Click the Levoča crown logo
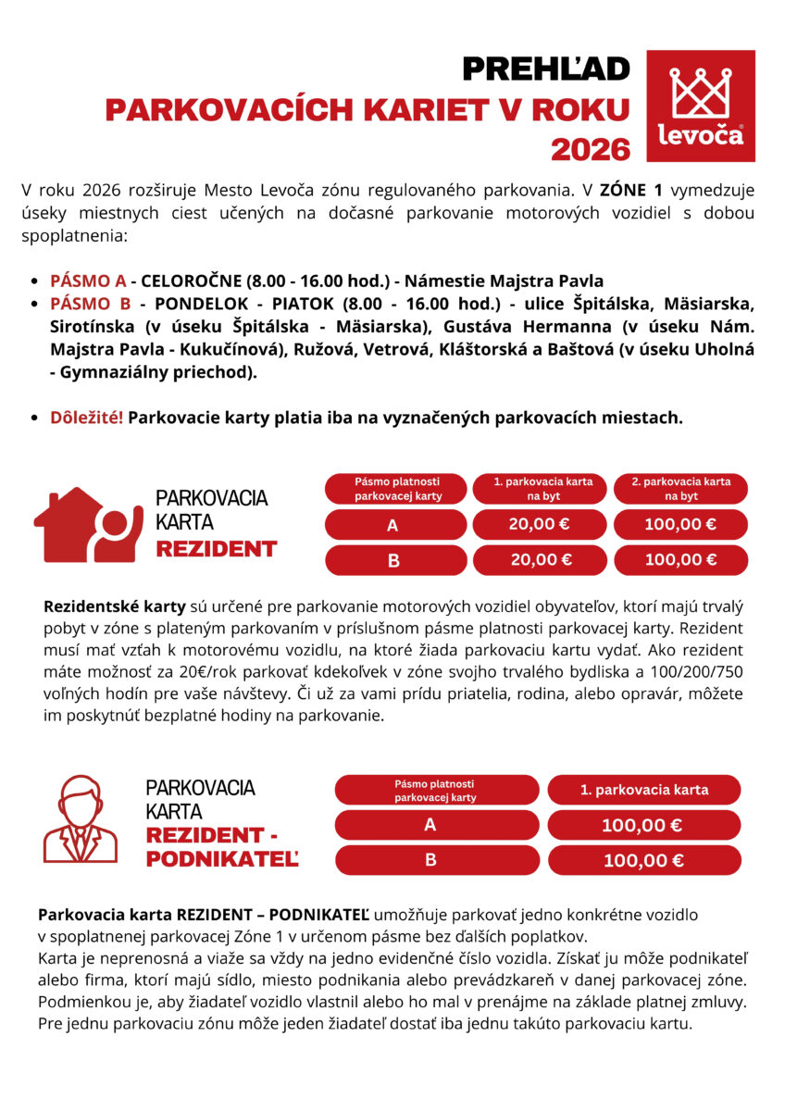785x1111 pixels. pos(700,105)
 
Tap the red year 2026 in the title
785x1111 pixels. pos(590,148)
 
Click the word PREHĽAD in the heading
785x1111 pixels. pos(545,69)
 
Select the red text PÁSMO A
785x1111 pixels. pos(88,281)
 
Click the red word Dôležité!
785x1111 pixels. pos(86,417)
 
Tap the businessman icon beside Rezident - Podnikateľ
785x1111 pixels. pos(81,818)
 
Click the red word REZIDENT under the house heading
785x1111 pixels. pos(216,548)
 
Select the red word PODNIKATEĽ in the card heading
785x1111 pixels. pos(222,860)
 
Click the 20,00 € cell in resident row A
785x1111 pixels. pos(540,524)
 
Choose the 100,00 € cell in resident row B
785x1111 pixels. pos(680,559)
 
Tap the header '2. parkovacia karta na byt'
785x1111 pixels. pos(680,489)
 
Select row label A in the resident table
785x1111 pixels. pos(392,525)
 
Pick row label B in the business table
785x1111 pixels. pos(430,860)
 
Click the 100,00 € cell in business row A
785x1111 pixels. pos(643,825)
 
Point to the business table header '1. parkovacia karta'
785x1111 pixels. pos(643,790)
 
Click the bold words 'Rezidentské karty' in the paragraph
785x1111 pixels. pos(114,607)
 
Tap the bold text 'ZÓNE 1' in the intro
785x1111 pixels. pos(631,191)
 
